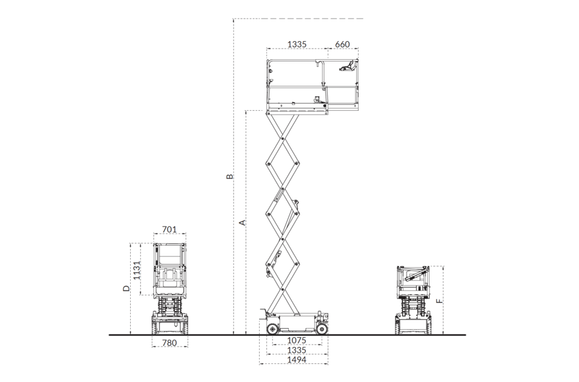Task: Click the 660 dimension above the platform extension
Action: coord(342,44)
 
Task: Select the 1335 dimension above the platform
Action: coord(297,44)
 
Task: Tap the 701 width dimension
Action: coord(169,230)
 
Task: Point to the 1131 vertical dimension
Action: coord(136,270)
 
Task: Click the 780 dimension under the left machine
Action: coord(169,343)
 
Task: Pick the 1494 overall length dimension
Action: coord(297,360)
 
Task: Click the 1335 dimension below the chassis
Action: coord(297,350)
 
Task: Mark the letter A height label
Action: coord(243,223)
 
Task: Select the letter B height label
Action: coord(230,176)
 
